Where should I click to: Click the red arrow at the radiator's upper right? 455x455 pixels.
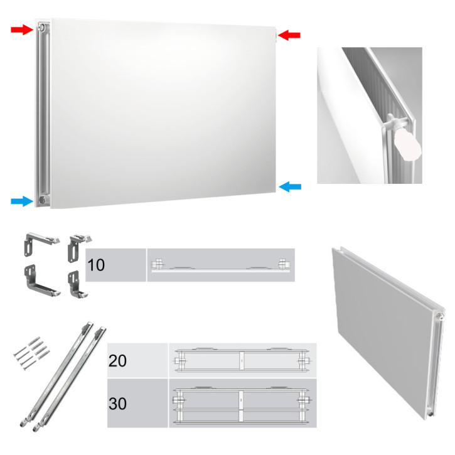click(289, 35)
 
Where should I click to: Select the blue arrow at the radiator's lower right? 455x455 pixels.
click(290, 186)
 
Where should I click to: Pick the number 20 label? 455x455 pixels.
click(117, 361)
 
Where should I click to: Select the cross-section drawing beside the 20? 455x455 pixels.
click(242, 360)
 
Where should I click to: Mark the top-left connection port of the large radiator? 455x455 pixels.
click(41, 29)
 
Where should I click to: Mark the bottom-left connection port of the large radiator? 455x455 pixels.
click(41, 199)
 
